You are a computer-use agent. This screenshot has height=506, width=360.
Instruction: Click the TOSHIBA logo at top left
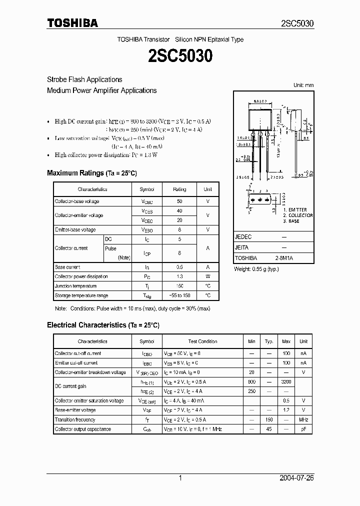pyautogui.click(x=72, y=23)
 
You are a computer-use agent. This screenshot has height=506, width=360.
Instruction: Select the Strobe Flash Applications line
pyautogui.click(x=84, y=79)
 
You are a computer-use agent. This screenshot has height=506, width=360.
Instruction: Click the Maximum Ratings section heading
pyautogui.click(x=91, y=173)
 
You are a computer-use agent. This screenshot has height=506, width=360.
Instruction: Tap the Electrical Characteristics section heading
pyautogui.click(x=103, y=325)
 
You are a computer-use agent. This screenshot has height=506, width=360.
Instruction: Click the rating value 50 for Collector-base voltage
pyautogui.click(x=179, y=201)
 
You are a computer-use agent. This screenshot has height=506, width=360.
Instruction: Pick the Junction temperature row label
pyautogui.click(x=75, y=286)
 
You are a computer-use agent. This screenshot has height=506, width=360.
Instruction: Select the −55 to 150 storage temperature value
pyautogui.click(x=179, y=295)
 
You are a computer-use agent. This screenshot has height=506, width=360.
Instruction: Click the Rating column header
pyautogui.click(x=179, y=189)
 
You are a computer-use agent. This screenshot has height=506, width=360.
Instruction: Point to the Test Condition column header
pyautogui.click(x=202, y=341)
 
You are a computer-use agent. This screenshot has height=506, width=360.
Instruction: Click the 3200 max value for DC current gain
pyautogui.click(x=286, y=381)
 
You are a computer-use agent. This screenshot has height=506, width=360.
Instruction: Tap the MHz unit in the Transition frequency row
pyautogui.click(x=303, y=419)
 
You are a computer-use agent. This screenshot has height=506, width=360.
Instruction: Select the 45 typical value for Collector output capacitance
pyautogui.click(x=269, y=429)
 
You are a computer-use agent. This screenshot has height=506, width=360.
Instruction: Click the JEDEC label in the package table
pyautogui.click(x=243, y=237)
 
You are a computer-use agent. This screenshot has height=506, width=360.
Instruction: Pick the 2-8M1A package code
pyautogui.click(x=284, y=258)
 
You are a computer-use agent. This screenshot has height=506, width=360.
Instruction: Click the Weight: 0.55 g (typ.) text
pyautogui.click(x=256, y=269)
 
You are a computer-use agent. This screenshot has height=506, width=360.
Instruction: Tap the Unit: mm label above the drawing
pyautogui.click(x=303, y=85)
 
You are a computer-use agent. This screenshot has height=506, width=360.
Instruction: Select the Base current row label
pyautogui.click(x=67, y=267)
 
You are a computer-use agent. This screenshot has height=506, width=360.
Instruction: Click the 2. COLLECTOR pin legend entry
pyautogui.click(x=297, y=215)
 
